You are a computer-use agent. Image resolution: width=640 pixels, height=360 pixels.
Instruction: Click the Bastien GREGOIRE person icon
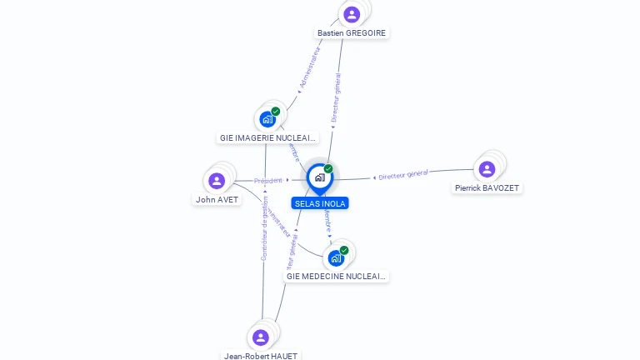[352, 14]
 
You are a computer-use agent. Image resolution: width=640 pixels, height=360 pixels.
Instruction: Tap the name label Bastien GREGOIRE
[352, 33]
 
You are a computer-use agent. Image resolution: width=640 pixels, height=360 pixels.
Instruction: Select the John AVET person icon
[217, 181]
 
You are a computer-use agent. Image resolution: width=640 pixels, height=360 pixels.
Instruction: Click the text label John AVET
[217, 200]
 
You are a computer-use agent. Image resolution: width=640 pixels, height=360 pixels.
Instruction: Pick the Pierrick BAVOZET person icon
[487, 169]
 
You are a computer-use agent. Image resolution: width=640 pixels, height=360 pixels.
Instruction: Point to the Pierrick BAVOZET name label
[487, 188]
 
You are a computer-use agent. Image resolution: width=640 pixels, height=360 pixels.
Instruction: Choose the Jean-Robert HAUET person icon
[260, 337]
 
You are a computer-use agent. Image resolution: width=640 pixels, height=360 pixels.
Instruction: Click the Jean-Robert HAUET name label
[261, 356]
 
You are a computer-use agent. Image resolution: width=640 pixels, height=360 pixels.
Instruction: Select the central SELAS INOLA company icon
[319, 177]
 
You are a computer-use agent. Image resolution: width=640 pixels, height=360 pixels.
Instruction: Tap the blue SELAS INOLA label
[320, 203]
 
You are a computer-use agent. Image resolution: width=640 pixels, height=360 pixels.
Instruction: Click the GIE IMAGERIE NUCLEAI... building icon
[267, 119]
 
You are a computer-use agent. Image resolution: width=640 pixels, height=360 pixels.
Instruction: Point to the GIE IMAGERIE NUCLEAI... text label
[267, 137]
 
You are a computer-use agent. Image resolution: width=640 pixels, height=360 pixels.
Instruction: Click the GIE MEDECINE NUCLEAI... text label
[336, 276]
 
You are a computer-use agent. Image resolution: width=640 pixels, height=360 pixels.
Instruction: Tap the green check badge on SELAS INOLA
[328, 168]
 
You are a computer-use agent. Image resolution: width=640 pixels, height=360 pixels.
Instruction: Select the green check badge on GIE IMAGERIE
[276, 111]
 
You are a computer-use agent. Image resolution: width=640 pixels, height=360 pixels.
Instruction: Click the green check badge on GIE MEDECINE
[344, 250]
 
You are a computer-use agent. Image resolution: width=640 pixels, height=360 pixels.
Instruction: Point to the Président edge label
[268, 180]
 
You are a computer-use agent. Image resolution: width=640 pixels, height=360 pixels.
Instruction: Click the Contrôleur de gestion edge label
[264, 233]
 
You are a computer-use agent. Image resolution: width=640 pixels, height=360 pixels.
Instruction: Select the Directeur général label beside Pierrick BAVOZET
[403, 175]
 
